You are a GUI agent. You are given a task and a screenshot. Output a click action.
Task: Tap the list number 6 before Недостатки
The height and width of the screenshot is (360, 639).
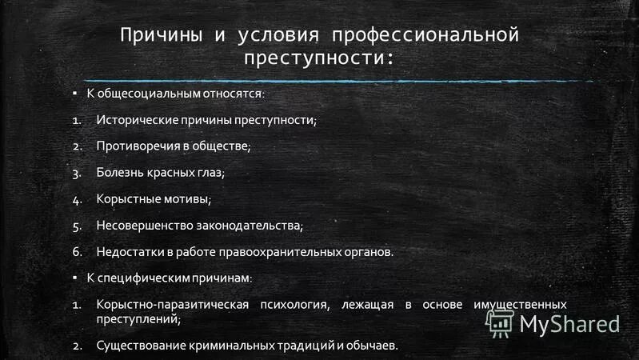(x=77, y=251)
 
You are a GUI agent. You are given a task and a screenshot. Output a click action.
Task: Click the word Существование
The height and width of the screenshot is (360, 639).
(x=138, y=346)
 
